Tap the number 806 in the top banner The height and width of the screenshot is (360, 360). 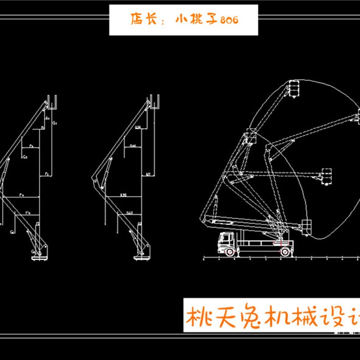pyautogui.click(x=227, y=20)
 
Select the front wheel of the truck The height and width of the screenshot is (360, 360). pyautogui.click(x=230, y=253)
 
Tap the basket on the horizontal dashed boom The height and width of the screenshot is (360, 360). pyautogui.click(x=326, y=176)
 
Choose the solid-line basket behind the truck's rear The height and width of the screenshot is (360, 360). pyautogui.click(x=307, y=226)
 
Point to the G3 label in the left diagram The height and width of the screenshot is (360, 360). pyautogui.click(x=25, y=157)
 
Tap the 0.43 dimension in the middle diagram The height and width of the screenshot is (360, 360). pyautogui.click(x=129, y=212)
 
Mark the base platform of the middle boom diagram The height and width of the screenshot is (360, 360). pyautogui.click(x=141, y=256)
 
